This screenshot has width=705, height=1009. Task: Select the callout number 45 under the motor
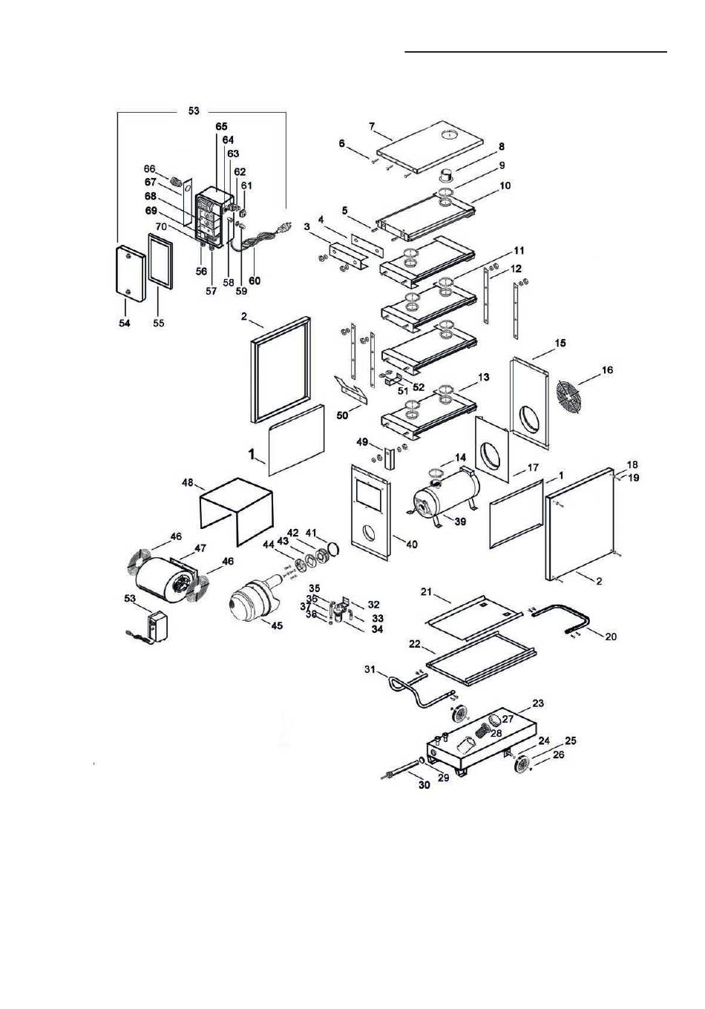point(277,625)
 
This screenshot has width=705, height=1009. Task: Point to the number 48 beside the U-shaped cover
point(188,482)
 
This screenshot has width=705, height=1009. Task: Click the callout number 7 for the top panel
point(372,125)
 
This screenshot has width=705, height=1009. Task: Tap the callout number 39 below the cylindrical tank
point(460,522)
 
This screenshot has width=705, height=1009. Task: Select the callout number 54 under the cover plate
point(125,323)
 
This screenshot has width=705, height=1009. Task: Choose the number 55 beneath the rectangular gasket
point(159,323)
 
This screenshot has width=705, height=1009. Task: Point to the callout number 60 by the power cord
point(255,280)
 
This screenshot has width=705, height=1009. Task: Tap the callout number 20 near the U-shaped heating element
point(611,637)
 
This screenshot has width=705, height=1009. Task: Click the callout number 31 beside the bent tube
point(370,670)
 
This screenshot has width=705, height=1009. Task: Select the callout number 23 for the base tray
point(538,703)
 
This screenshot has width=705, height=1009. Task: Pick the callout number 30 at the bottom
point(424,785)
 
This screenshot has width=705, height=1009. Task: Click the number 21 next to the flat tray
point(427,591)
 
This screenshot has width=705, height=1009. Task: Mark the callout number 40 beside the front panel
point(412,544)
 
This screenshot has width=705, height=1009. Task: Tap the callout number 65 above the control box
point(222,127)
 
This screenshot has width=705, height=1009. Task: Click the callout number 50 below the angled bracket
point(342,415)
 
